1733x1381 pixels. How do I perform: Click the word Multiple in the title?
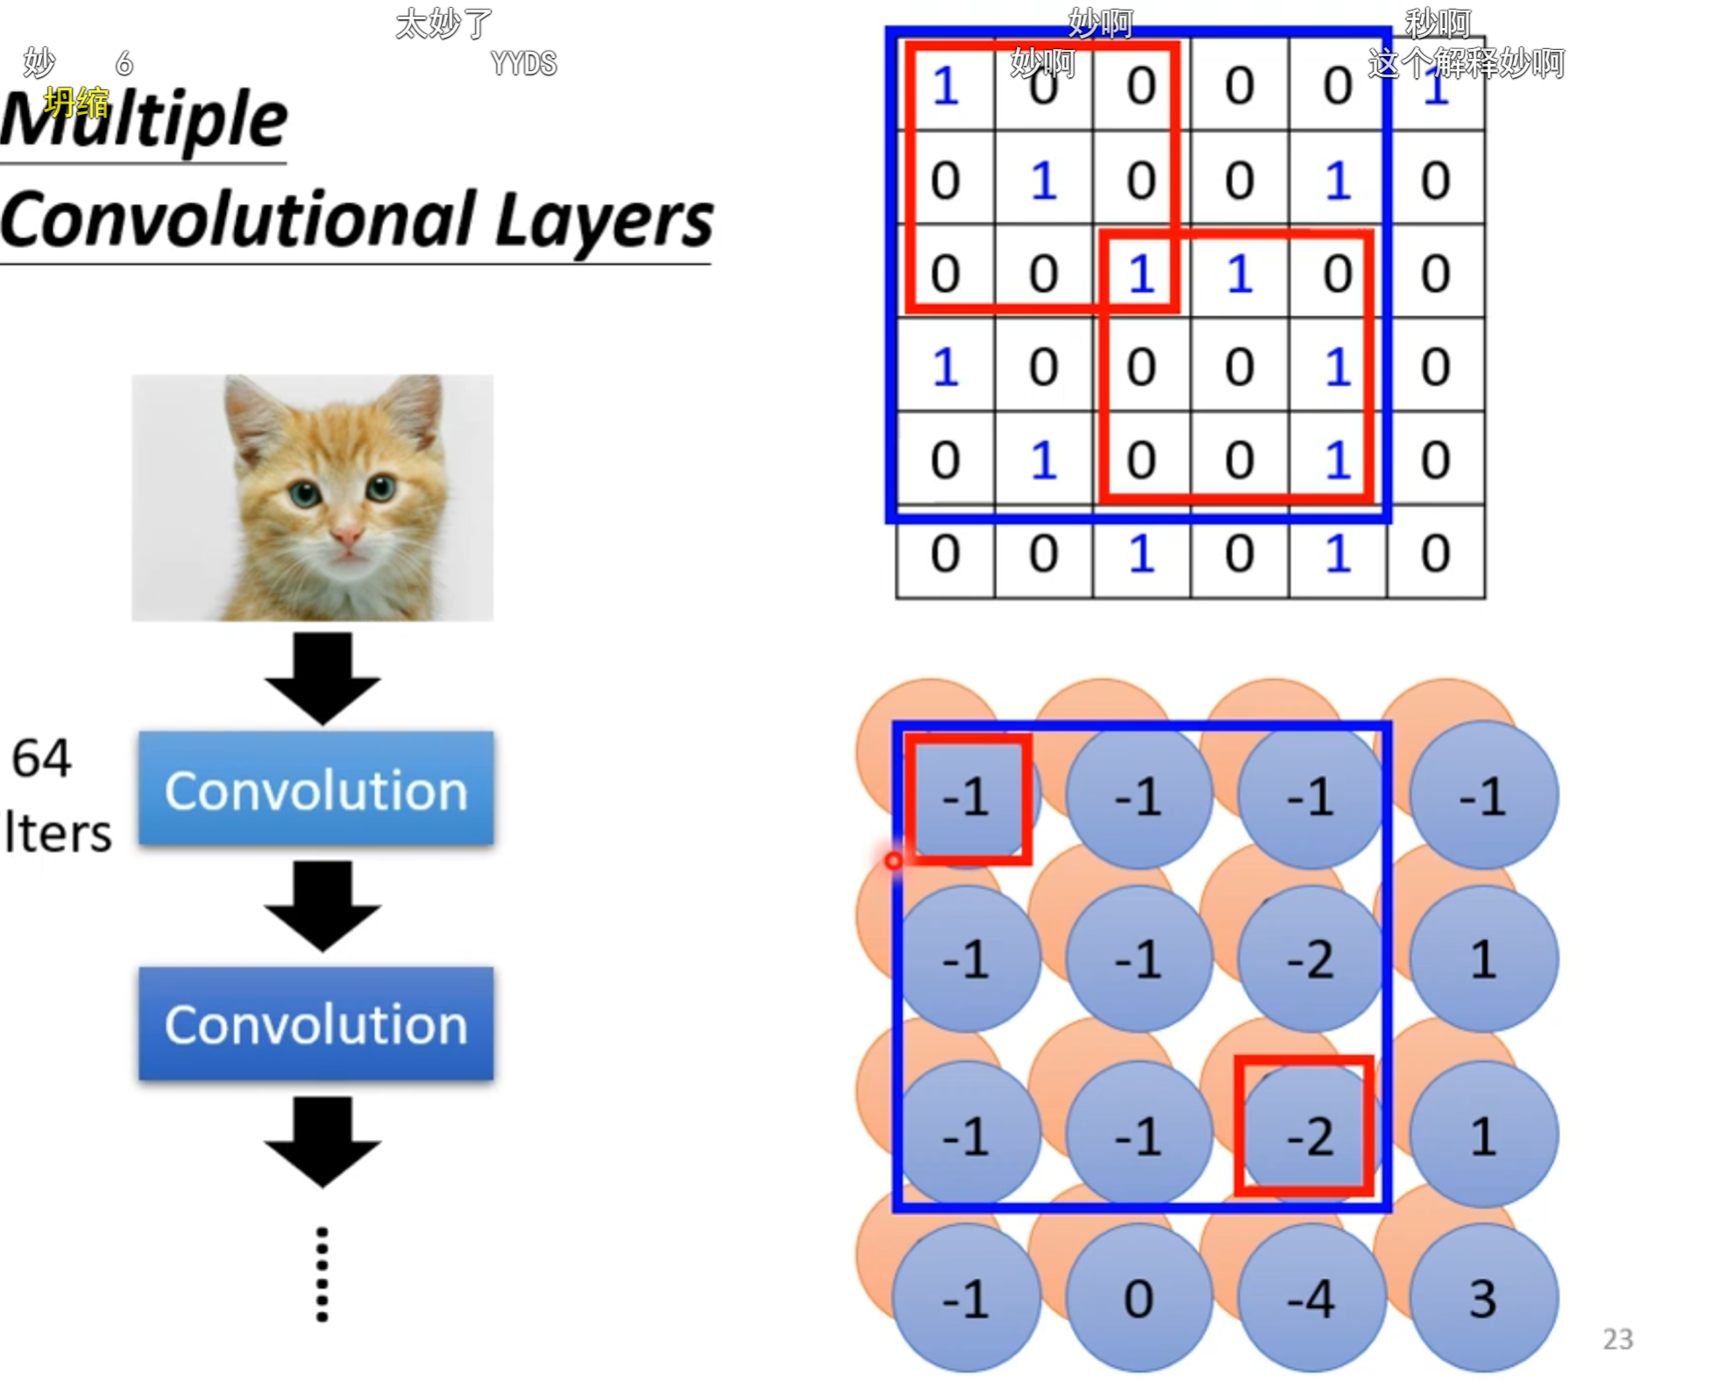tap(145, 121)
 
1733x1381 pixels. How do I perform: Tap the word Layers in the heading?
tap(604, 221)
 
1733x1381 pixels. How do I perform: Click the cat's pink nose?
tap(346, 532)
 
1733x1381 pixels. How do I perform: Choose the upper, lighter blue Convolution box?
tap(316, 789)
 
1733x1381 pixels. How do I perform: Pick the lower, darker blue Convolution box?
tap(316, 1024)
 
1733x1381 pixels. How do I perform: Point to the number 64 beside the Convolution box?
tap(41, 758)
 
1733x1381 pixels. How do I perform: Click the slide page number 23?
tap(1617, 1339)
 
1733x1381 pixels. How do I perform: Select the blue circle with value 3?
tap(1483, 1299)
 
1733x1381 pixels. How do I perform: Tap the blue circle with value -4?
tap(1311, 1299)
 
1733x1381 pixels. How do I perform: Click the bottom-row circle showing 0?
tap(1139, 1299)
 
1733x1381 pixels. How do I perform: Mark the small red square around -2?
tap(1303, 1126)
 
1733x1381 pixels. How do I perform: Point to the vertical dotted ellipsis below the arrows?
tap(322, 1274)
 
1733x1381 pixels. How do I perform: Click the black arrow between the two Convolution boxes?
tap(322, 907)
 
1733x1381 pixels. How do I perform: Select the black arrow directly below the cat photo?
tap(322, 678)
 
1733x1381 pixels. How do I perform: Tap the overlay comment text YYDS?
tap(523, 64)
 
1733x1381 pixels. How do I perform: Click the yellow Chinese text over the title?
tap(77, 103)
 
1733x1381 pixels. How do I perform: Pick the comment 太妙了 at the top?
tap(444, 24)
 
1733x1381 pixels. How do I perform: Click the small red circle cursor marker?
tap(893, 861)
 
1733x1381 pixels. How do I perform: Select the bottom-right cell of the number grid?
tap(1435, 553)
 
